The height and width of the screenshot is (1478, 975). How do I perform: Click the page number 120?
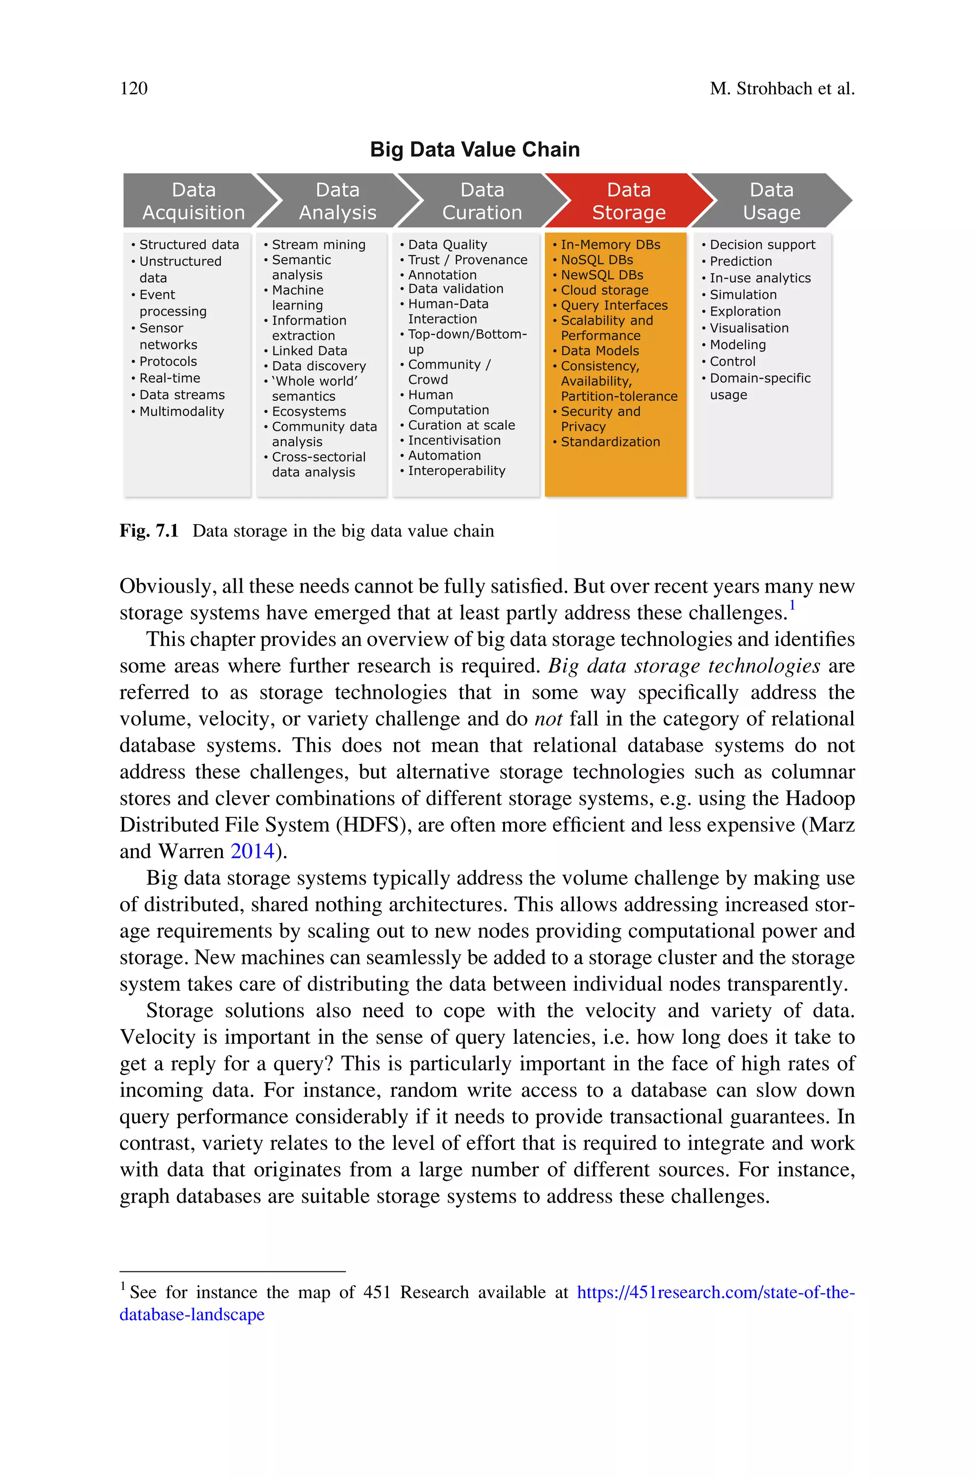(134, 88)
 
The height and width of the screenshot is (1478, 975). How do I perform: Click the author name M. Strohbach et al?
(782, 88)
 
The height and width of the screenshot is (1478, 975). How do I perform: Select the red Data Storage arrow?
(628, 201)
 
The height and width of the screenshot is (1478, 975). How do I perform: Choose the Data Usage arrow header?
(771, 201)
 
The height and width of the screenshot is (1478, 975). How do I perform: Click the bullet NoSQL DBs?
(597, 260)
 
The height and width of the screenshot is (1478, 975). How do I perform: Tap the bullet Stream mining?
(318, 245)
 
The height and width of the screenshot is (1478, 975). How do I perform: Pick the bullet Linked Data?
(309, 351)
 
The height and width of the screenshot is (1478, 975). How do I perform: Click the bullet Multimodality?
(181, 411)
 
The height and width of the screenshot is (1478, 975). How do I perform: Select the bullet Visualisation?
(749, 328)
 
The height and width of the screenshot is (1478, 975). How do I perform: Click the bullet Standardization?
(610, 442)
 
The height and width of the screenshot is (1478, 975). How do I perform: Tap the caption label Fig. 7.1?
(149, 531)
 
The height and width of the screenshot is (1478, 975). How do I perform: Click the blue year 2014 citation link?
(252, 851)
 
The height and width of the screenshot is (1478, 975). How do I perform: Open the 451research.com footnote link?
(715, 1293)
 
